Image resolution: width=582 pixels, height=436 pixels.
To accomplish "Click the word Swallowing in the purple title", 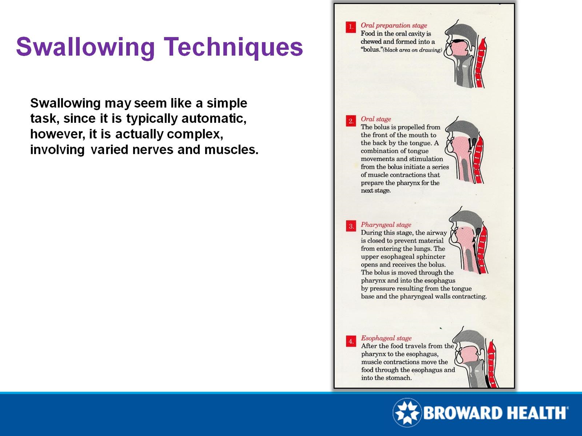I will (85, 47).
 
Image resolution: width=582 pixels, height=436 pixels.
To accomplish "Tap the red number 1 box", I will (351, 27).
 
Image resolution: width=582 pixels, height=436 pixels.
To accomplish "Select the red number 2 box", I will (351, 121).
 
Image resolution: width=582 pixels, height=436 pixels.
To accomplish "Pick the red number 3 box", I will (351, 226).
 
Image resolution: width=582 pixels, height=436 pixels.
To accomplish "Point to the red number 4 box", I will (351, 341).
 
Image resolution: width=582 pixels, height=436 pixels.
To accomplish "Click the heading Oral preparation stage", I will (393, 26).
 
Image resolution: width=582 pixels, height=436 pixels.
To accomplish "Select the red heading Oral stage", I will (376, 119).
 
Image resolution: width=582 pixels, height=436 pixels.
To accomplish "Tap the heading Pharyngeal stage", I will (386, 224).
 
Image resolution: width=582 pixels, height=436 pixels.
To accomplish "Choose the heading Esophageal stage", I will (386, 338).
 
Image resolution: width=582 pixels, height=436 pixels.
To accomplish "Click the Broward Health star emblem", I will (407, 412).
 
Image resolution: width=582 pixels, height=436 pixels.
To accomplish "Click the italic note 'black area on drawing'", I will (412, 50).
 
